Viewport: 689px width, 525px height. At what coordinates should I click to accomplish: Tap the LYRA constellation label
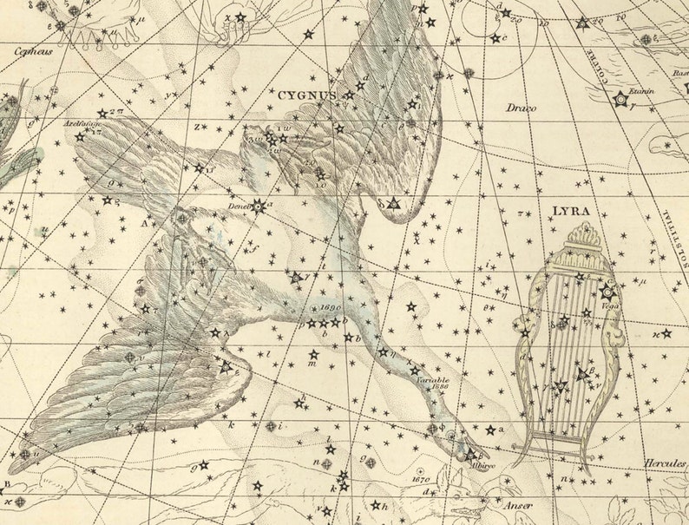(570, 211)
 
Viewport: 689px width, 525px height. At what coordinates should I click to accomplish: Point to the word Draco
(522, 108)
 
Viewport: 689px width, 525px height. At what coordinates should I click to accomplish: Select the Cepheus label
(32, 51)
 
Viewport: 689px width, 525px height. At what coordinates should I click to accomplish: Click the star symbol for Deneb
(257, 206)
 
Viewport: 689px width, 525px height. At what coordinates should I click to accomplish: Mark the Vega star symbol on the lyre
(607, 292)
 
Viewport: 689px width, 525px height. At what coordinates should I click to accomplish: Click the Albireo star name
(482, 466)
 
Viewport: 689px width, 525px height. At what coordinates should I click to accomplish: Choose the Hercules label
(664, 463)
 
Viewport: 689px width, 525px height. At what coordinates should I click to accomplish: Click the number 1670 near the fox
(421, 478)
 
